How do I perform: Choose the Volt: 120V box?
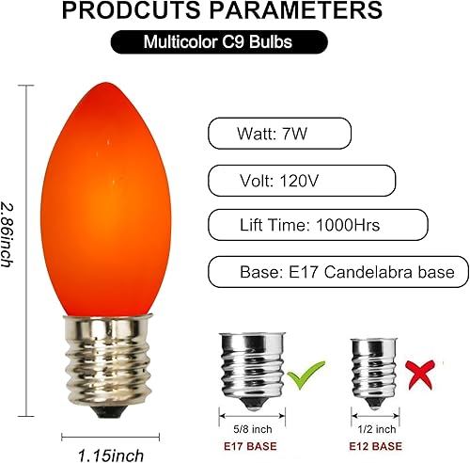(301, 179)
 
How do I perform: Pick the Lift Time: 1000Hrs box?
(317, 225)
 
